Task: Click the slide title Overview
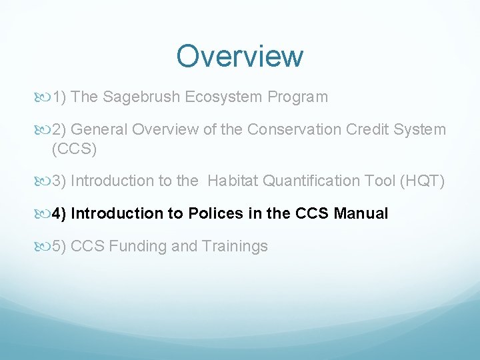[239, 56]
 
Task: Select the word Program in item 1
[297, 97]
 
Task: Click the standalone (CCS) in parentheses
[74, 149]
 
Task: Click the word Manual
[361, 214]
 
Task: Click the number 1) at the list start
[59, 97]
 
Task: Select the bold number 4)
[59, 214]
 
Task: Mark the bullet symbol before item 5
[43, 247]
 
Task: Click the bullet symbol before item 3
[43, 181]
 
